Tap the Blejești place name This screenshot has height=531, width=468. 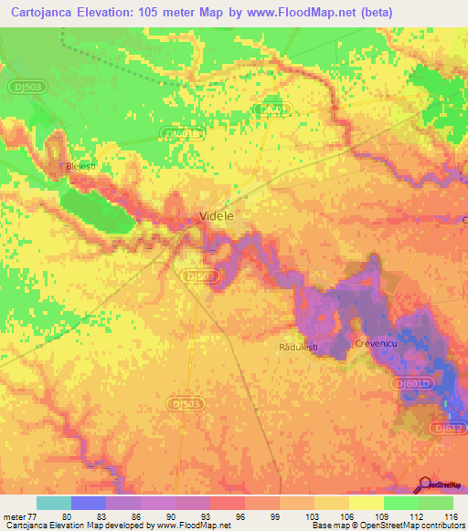[x=80, y=166]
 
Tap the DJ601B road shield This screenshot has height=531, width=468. [x=184, y=133]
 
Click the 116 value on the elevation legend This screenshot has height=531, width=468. [x=450, y=516]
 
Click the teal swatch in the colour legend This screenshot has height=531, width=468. [x=54, y=503]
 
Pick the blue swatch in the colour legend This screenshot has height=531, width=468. [x=89, y=503]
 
